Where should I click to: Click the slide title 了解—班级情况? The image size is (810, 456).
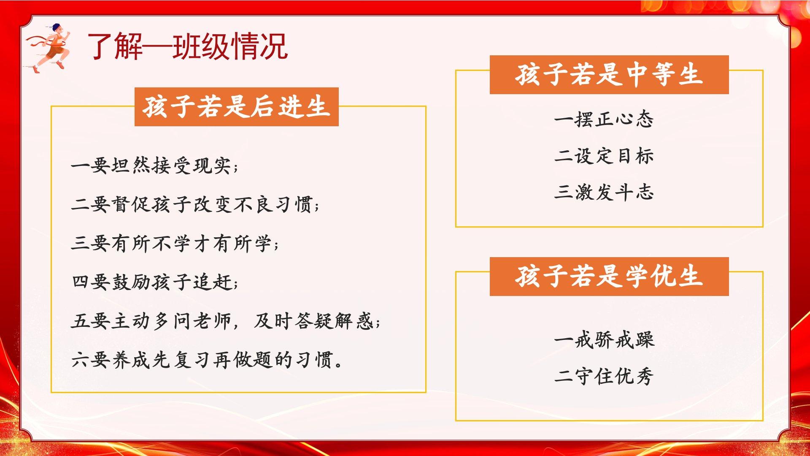[x=188, y=46]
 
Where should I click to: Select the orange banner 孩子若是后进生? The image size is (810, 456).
[x=236, y=106]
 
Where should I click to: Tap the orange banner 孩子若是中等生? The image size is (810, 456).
[x=609, y=74]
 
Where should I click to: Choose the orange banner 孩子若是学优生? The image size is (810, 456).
[x=609, y=276]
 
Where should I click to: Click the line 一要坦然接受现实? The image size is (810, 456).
[x=155, y=165]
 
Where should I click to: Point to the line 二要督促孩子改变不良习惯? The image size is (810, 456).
[x=195, y=204]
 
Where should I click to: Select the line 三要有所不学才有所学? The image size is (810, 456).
[x=175, y=243]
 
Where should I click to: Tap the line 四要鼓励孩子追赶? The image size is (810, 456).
[x=155, y=282]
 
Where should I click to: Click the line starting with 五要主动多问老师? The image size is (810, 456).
[x=226, y=321]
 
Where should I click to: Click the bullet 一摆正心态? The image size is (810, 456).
[x=604, y=119]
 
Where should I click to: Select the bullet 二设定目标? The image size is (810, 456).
[x=604, y=156]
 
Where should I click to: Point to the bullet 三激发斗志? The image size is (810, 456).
[x=604, y=193]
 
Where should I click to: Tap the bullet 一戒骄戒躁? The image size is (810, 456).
[x=604, y=340]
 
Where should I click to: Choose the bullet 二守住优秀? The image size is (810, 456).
[x=604, y=376]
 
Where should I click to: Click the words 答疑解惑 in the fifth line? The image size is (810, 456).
[x=334, y=321]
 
